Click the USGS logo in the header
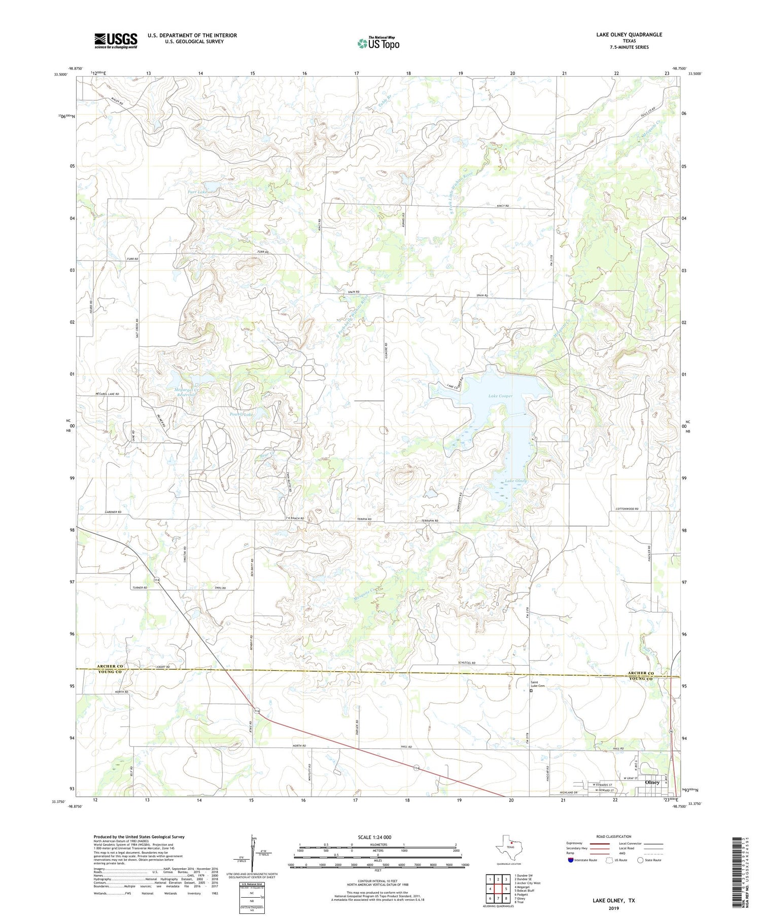tap(116, 41)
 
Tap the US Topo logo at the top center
tap(378, 44)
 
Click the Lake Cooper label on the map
tap(500, 396)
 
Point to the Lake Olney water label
tap(515, 481)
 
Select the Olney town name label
tap(652, 782)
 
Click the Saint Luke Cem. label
tap(538, 684)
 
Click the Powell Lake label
tap(241, 414)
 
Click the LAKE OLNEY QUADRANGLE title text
tap(629, 34)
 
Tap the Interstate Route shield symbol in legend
tap(570, 860)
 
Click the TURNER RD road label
tap(140, 587)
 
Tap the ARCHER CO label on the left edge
tap(110, 666)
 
